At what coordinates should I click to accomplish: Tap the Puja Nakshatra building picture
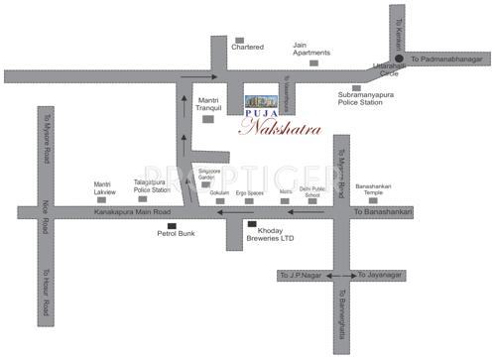[x=263, y=102]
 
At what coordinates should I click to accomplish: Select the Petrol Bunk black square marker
[x=172, y=225]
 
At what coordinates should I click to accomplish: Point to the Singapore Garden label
[x=209, y=174]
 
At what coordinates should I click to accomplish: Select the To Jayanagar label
[x=383, y=274]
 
